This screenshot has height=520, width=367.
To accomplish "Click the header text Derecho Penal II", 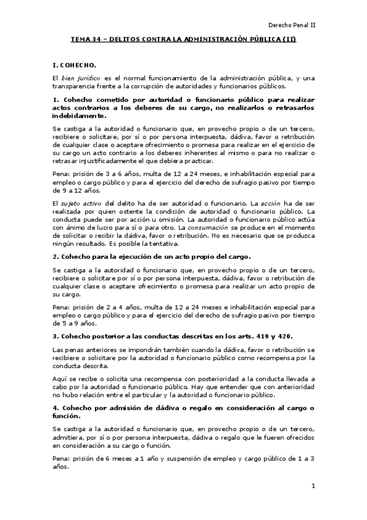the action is [296, 25].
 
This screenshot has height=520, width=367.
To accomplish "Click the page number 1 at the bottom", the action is [312, 486].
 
